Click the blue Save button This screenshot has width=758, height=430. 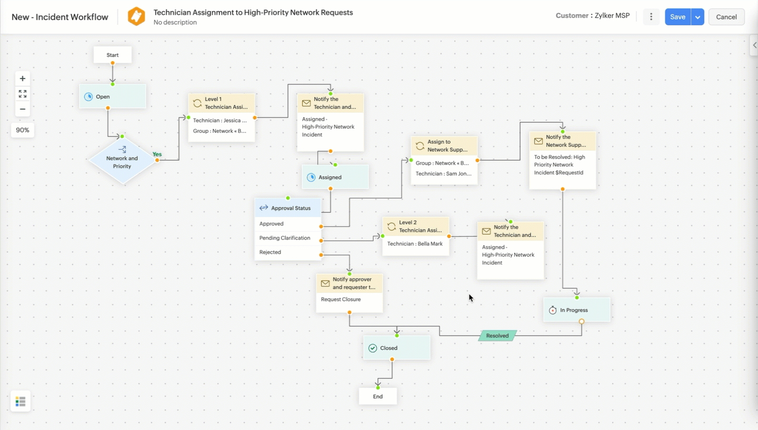click(x=677, y=17)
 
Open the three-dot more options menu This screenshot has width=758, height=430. click(x=651, y=17)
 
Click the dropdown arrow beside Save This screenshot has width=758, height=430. click(x=697, y=17)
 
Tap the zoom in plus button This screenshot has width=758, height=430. click(x=22, y=79)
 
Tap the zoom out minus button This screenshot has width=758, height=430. click(x=22, y=109)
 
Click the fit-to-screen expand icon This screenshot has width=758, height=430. click(x=22, y=94)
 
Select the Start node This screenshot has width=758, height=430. click(x=113, y=55)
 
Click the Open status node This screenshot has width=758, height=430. click(x=113, y=96)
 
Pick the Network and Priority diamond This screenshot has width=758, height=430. click(x=122, y=160)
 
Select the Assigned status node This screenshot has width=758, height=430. click(x=335, y=177)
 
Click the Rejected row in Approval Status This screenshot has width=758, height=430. click(x=287, y=252)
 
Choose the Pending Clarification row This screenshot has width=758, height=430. click(x=287, y=238)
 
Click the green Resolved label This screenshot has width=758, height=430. click(x=497, y=336)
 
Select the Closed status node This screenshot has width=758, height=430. click(x=397, y=348)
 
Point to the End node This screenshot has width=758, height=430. click(x=378, y=396)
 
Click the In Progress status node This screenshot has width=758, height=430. click(x=577, y=310)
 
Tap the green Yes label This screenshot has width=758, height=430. click(x=157, y=154)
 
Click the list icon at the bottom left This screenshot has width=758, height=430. click(x=21, y=402)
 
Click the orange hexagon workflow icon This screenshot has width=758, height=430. click(x=136, y=16)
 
